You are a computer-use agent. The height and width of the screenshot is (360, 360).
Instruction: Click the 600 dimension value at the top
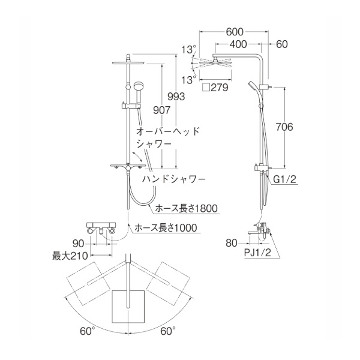coord(235,32)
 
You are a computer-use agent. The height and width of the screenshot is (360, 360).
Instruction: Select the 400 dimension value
coord(238,44)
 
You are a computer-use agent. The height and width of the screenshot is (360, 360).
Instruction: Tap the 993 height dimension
coord(176,97)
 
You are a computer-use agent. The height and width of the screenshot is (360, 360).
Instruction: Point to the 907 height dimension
coord(162,110)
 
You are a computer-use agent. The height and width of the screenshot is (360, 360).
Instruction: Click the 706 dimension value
coord(284,127)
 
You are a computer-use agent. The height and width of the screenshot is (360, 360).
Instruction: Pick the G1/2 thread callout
coord(285,179)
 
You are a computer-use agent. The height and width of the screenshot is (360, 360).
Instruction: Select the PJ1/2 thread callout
coord(257,253)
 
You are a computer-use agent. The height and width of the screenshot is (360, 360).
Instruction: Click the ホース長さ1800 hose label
coord(186,208)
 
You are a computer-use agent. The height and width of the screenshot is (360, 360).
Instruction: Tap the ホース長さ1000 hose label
coord(166,228)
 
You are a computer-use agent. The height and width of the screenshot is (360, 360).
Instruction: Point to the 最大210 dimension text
coord(70,256)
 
